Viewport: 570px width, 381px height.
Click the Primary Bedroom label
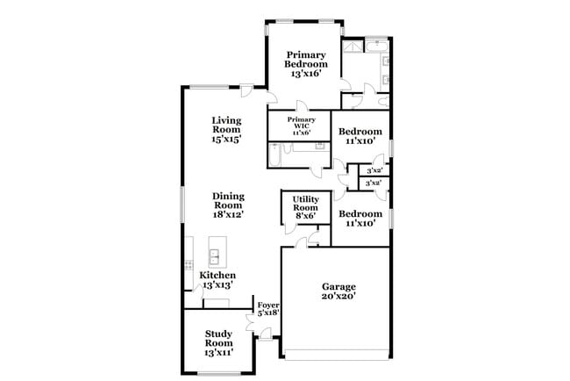[306, 60]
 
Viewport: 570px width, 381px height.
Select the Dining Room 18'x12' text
[226, 205]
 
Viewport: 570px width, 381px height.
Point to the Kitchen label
[217, 275]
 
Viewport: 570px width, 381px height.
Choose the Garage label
[338, 286]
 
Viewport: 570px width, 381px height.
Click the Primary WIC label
[302, 124]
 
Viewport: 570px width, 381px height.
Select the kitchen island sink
[215, 257]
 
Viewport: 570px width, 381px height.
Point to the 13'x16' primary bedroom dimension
[306, 75]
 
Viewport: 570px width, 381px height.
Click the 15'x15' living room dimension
[226, 138]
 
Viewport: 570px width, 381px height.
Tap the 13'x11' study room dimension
[218, 349]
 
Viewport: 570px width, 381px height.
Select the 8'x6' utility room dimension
[306, 216]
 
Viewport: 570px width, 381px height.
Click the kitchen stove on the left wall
[189, 263]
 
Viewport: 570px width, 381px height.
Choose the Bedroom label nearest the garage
[360, 213]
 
